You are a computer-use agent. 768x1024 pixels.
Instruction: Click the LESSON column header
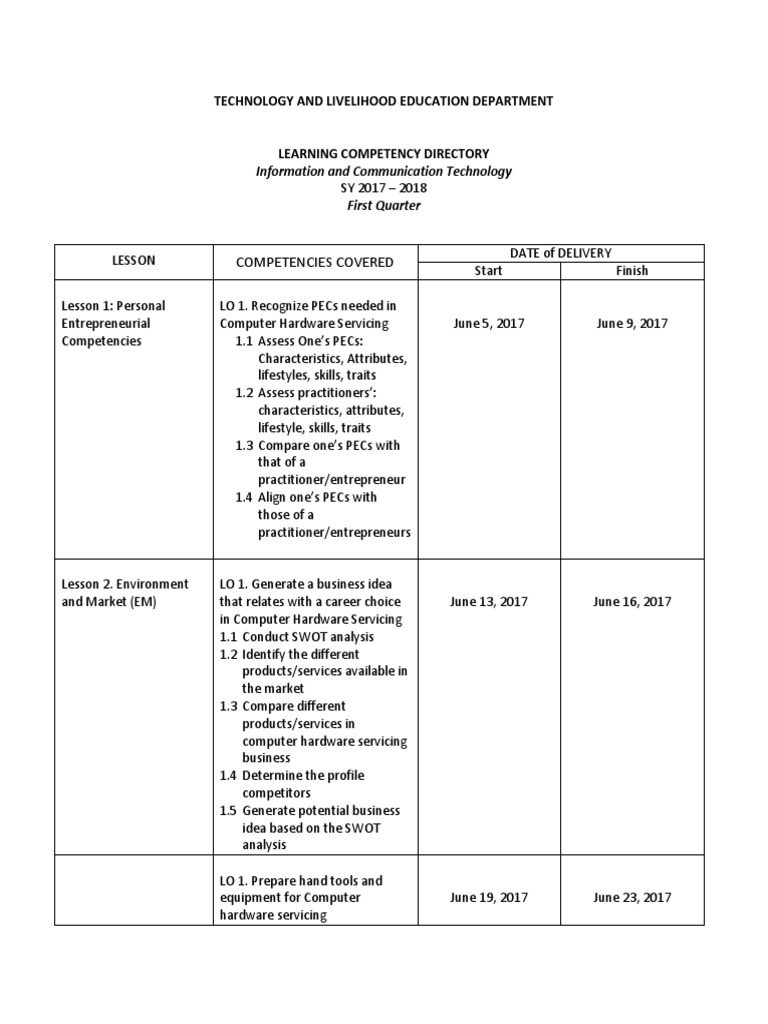(134, 261)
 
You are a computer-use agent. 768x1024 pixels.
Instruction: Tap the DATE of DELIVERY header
(560, 253)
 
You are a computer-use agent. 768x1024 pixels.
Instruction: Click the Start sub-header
(488, 270)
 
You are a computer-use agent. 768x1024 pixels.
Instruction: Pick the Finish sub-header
(632, 270)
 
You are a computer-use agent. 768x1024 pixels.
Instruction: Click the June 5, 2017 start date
(488, 323)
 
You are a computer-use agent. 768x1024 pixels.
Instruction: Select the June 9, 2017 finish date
(632, 323)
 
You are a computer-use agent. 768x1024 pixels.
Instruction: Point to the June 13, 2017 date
(488, 602)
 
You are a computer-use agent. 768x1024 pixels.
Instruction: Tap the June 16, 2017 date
(632, 602)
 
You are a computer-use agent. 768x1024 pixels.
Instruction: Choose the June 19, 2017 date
(488, 898)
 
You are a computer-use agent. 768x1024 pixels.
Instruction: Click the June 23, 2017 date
(632, 898)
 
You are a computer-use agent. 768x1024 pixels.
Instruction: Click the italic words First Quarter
(383, 205)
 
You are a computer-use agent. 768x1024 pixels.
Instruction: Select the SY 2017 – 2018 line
(383, 188)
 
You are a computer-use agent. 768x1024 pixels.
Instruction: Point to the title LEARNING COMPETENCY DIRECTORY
(383, 154)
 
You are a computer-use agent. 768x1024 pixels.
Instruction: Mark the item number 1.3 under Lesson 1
(245, 445)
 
